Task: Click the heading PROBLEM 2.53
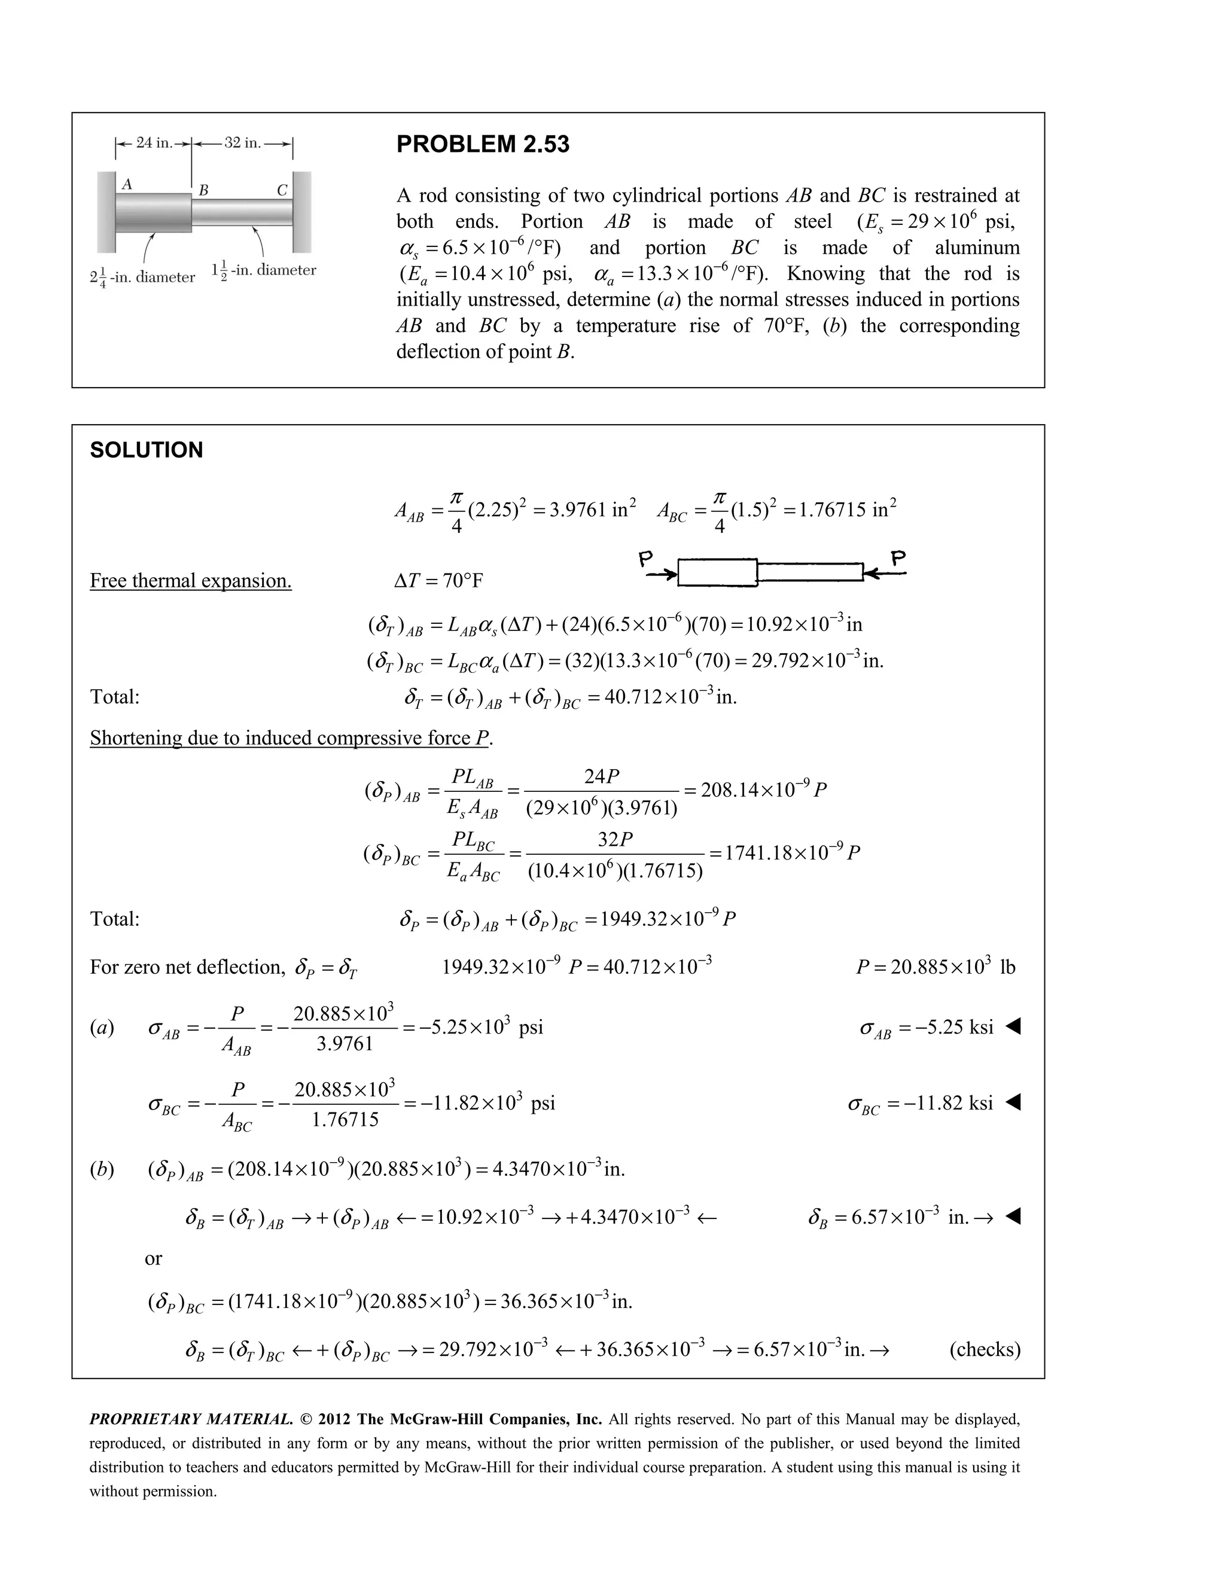click(483, 144)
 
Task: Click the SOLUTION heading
click(147, 450)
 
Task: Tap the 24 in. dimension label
click(154, 143)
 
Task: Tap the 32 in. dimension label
click(242, 143)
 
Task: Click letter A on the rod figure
click(127, 184)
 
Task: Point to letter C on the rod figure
click(282, 190)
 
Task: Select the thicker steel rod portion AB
click(153, 213)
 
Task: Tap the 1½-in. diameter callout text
click(263, 271)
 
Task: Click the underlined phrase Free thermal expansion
click(191, 581)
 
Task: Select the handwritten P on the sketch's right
click(898, 558)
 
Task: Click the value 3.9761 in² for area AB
click(593, 510)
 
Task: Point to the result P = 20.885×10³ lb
click(935, 967)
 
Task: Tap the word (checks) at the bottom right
click(985, 1349)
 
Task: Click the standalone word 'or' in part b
click(153, 1258)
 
